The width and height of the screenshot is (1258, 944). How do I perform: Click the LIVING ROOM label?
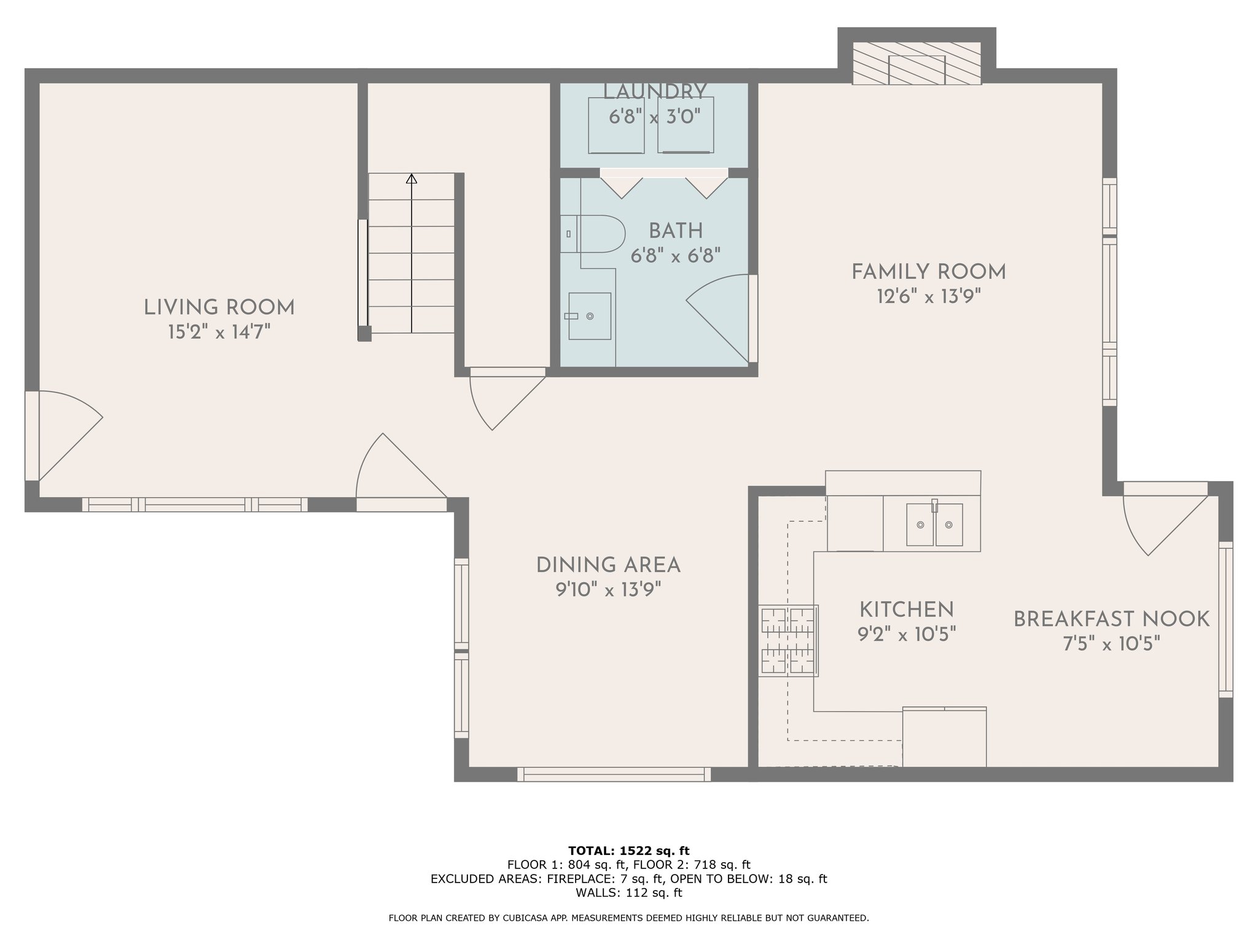point(219,307)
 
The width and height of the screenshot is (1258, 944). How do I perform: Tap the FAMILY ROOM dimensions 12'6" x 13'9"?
point(928,297)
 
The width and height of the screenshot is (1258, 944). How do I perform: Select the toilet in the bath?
point(593,234)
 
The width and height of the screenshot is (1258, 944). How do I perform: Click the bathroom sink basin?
point(590,316)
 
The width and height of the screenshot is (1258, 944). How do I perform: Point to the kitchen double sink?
point(935,525)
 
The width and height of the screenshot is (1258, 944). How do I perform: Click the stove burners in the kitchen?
point(789,641)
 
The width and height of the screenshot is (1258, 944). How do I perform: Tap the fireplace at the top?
point(916,63)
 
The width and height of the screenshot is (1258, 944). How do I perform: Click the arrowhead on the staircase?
point(412,179)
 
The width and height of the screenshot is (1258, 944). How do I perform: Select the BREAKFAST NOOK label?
point(1111,619)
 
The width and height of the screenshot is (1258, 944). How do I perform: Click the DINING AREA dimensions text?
point(608,591)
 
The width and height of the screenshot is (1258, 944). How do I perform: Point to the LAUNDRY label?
point(655,92)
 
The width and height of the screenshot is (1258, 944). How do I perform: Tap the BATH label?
point(676,231)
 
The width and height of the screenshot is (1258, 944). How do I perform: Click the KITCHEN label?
point(907,610)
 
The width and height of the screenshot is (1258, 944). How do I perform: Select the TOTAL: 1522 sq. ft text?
point(629,851)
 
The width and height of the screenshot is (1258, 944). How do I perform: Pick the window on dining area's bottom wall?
point(614,774)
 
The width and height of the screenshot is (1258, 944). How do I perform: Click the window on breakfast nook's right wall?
point(1225,619)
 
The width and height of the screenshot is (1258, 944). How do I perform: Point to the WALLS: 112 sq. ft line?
point(629,892)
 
